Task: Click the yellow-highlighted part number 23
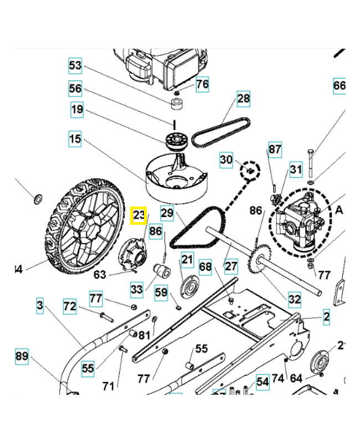click(x=138, y=215)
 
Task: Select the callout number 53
click(x=75, y=66)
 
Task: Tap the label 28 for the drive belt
click(x=244, y=99)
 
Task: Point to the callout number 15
click(x=75, y=138)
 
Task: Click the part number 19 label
click(x=78, y=110)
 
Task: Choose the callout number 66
click(x=339, y=86)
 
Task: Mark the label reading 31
click(x=296, y=169)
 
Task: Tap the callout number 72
click(x=70, y=306)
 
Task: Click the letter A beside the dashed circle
click(x=339, y=209)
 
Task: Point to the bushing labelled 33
click(x=162, y=271)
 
